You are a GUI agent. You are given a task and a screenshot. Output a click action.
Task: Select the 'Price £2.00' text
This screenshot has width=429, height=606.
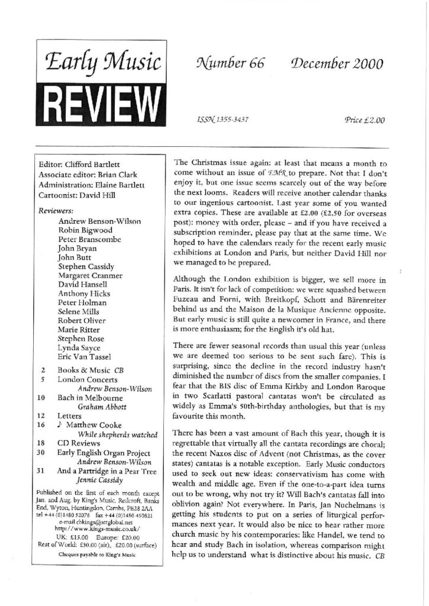(364, 120)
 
